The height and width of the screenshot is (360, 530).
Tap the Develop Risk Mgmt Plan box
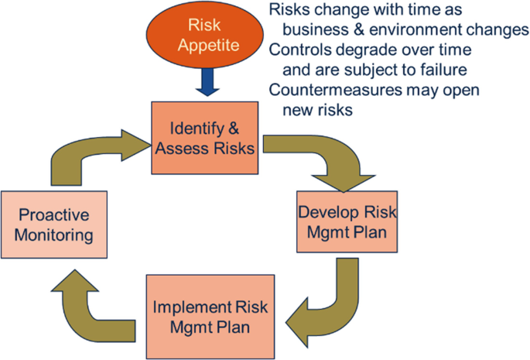[x=337, y=222]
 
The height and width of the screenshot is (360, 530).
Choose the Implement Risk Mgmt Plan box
[x=210, y=314]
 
